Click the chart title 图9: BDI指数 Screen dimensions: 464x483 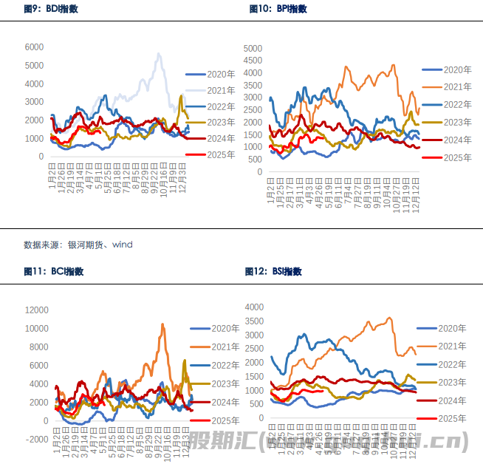click(x=51, y=9)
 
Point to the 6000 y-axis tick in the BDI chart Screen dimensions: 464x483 click(x=34, y=47)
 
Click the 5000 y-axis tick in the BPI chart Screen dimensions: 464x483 click(x=253, y=48)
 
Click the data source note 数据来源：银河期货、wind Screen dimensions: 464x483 click(x=78, y=244)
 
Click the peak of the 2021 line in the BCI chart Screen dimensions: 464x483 click(x=163, y=324)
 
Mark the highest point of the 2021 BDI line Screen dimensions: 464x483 click(x=159, y=53)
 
